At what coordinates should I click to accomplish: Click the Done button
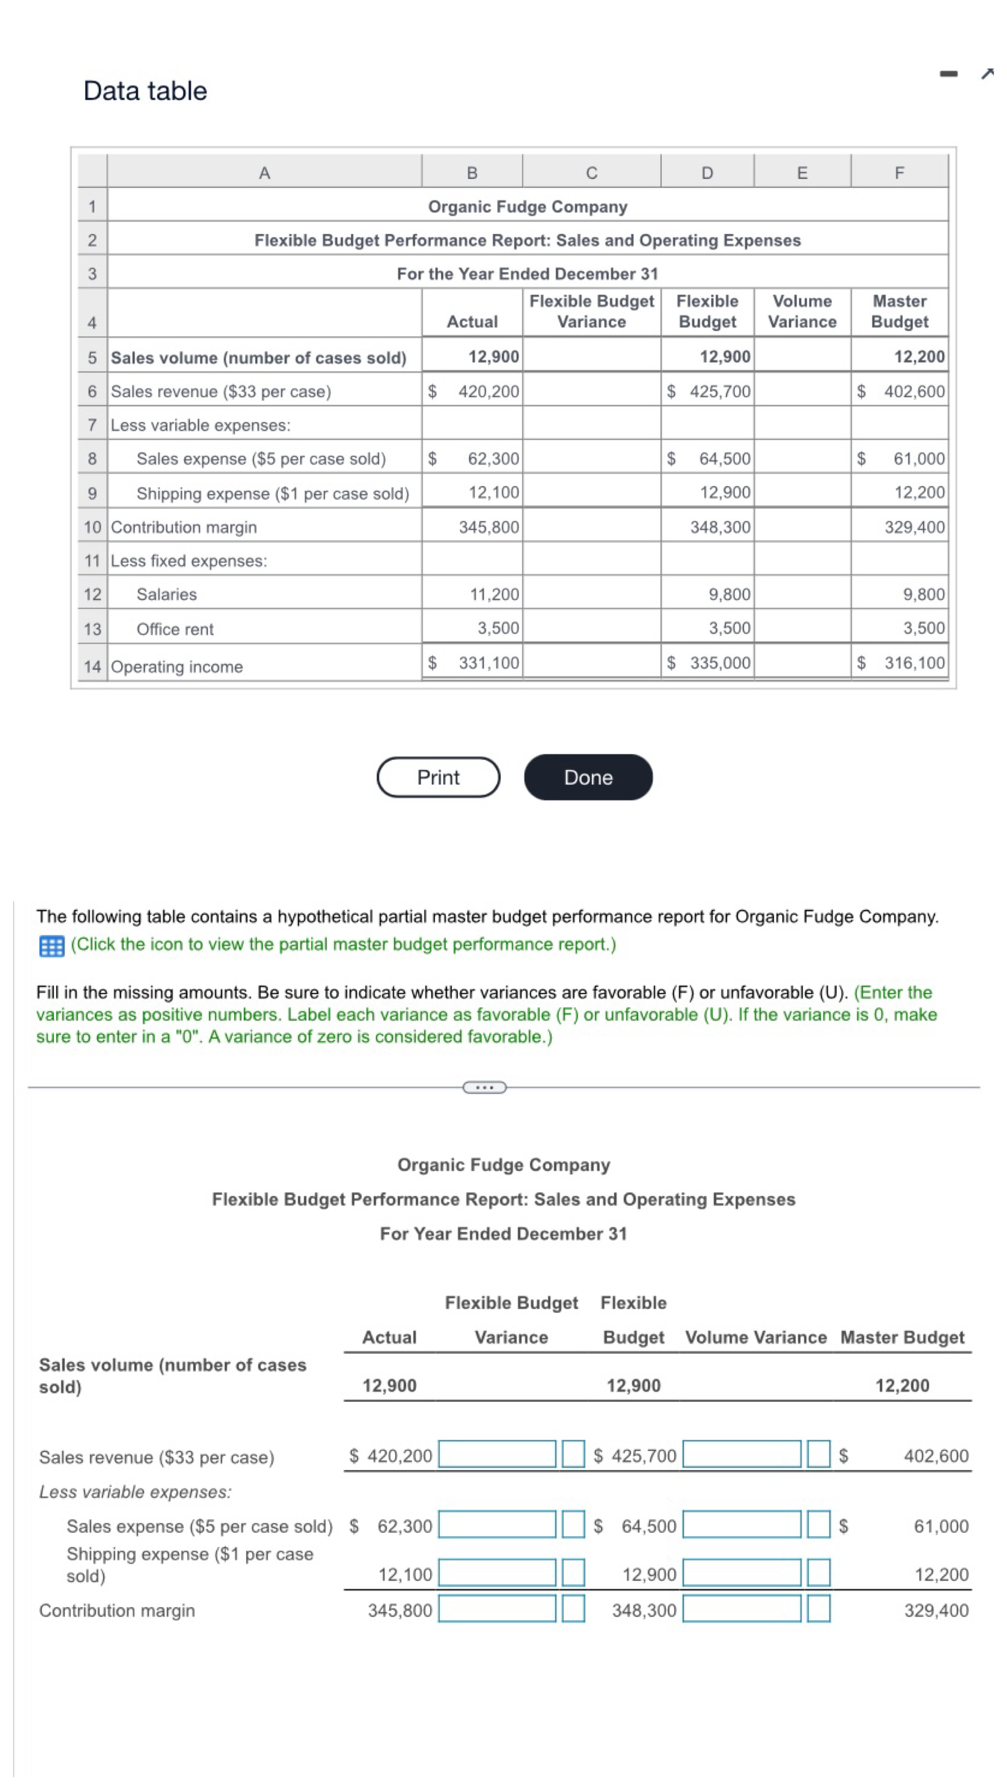pyautogui.click(x=587, y=777)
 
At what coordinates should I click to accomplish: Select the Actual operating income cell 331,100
pyautogui.click(x=488, y=662)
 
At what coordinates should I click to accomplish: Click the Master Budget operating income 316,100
pyautogui.click(x=913, y=662)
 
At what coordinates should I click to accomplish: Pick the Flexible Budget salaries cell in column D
pyautogui.click(x=728, y=594)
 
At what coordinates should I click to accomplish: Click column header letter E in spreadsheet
pyautogui.click(x=801, y=173)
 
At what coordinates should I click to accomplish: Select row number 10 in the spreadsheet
pyautogui.click(x=92, y=527)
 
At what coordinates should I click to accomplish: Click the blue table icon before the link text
pyautogui.click(x=51, y=946)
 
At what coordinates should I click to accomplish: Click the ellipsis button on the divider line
pyautogui.click(x=484, y=1087)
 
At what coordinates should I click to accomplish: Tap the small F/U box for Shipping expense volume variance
pyautogui.click(x=818, y=1574)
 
